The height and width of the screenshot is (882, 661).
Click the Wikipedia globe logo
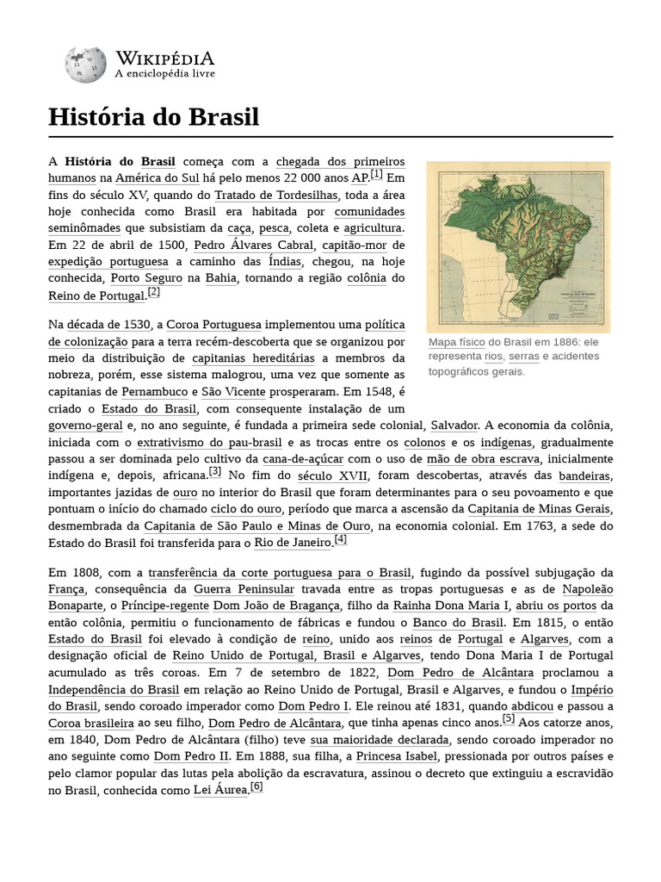[85, 65]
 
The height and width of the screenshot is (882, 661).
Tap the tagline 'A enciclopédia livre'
[165, 74]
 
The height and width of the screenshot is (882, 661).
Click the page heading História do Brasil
[153, 117]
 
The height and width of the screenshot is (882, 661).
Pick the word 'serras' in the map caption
[523, 357]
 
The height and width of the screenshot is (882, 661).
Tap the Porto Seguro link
[146, 277]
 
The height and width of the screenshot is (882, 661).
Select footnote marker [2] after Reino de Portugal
[154, 292]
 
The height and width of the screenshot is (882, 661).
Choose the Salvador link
[454, 425]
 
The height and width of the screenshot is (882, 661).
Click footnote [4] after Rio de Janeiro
[341, 539]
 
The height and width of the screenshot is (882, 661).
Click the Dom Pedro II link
[192, 755]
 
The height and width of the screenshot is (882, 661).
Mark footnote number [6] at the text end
[256, 786]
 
